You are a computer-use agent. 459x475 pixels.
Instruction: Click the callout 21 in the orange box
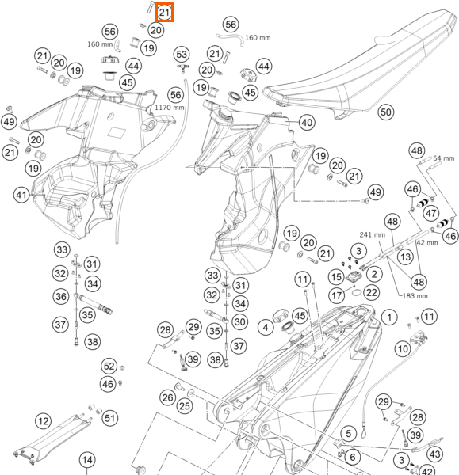pos(164,13)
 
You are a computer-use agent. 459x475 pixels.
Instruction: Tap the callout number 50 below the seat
pos(385,112)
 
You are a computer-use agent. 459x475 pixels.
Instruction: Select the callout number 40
pos(307,123)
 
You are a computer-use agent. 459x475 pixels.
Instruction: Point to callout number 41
pos(21,195)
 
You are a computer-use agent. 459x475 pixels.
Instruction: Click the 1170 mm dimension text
pos(170,108)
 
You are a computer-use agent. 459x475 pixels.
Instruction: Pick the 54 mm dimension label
pos(443,158)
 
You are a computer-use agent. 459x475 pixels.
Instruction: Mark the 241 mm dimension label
pos(373,234)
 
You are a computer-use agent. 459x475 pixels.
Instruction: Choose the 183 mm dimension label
pos(415,295)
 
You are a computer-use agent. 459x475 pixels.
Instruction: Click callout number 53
pos(182,55)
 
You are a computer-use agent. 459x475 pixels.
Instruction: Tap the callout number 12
pos(43,421)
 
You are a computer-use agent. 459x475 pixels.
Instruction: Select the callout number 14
pos(87,460)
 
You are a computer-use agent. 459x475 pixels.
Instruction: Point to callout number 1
pos(389,317)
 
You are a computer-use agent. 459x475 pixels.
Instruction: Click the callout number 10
pos(403,348)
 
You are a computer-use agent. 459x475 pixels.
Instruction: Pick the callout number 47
pos(431,213)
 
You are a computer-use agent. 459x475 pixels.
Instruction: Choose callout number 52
pos(109,367)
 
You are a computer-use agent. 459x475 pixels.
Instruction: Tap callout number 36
pos(61,296)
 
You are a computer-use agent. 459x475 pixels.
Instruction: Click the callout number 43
pos(434,454)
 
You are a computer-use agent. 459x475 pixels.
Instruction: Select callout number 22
pos(372,292)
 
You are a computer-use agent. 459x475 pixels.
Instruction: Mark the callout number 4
pos(266,327)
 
